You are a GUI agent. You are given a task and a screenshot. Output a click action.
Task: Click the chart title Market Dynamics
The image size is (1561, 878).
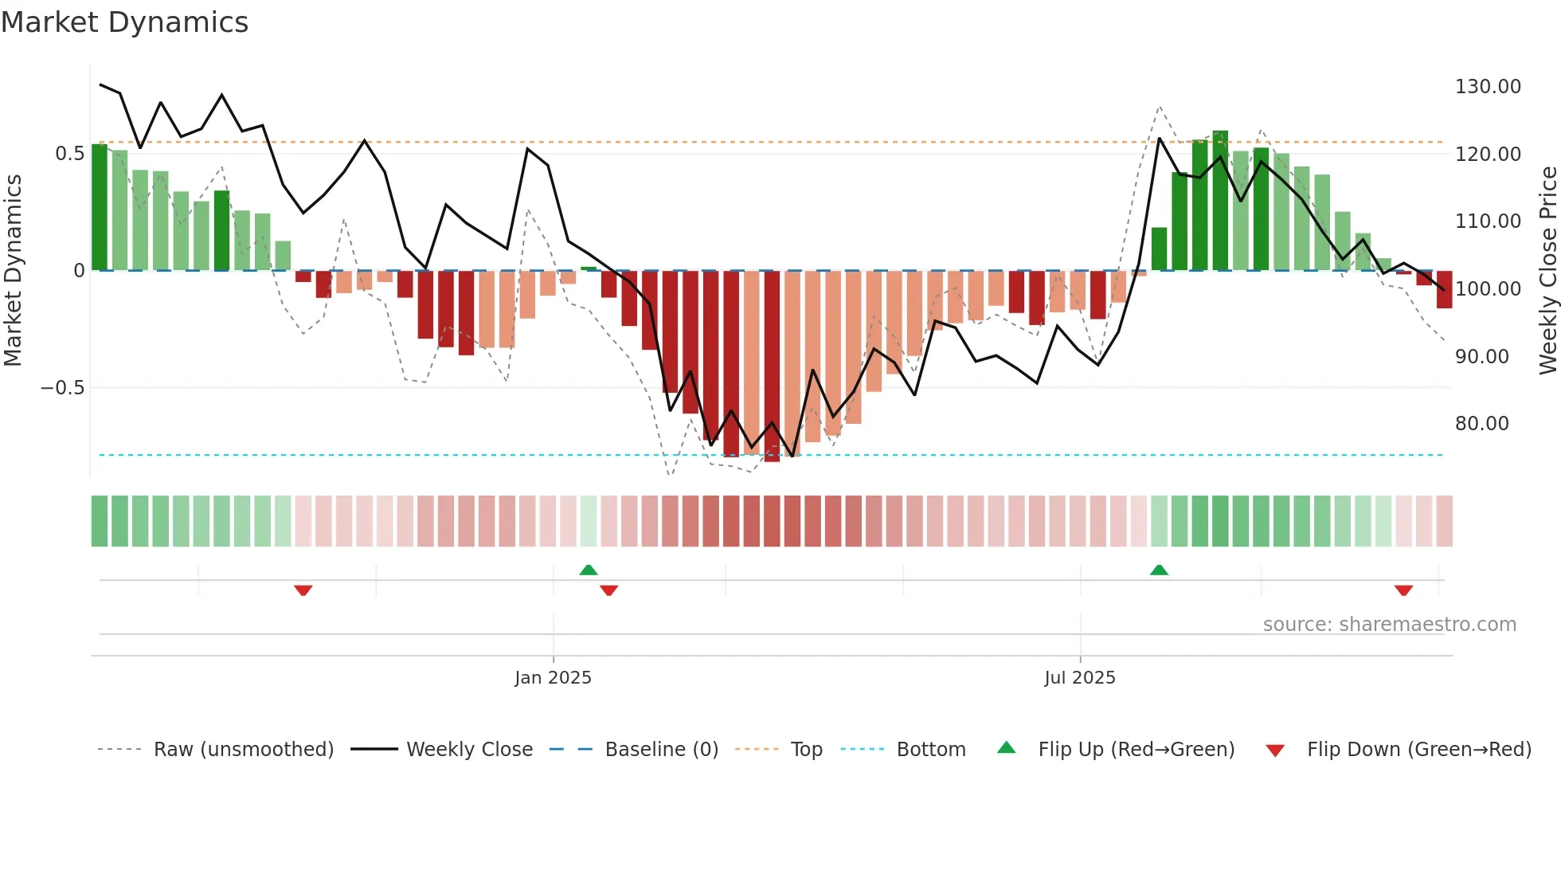[x=125, y=22]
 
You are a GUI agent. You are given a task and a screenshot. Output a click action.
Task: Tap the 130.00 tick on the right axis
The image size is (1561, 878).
[x=1488, y=86]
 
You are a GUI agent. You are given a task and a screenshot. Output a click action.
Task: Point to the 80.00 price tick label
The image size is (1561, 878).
[x=1481, y=423]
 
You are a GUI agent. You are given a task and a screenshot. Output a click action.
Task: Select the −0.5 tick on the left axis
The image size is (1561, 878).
[x=62, y=387]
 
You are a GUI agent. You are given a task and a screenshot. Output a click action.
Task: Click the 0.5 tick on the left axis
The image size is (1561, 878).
[x=69, y=153]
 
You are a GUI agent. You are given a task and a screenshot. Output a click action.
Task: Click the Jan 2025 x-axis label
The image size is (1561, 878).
[x=553, y=677]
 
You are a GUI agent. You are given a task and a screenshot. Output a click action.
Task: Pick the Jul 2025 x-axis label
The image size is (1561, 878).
[x=1079, y=677]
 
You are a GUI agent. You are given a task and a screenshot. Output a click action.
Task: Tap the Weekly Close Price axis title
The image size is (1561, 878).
[x=1547, y=270]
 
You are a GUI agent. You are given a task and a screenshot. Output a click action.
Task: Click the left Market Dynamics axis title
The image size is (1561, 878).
[x=13, y=270]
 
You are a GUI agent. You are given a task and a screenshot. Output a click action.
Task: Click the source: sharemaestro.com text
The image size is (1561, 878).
[x=1389, y=624]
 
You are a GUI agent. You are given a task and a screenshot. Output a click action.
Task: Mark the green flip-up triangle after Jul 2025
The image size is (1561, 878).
[x=1159, y=570]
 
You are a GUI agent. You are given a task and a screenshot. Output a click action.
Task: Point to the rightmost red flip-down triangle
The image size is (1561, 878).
[x=1403, y=590]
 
